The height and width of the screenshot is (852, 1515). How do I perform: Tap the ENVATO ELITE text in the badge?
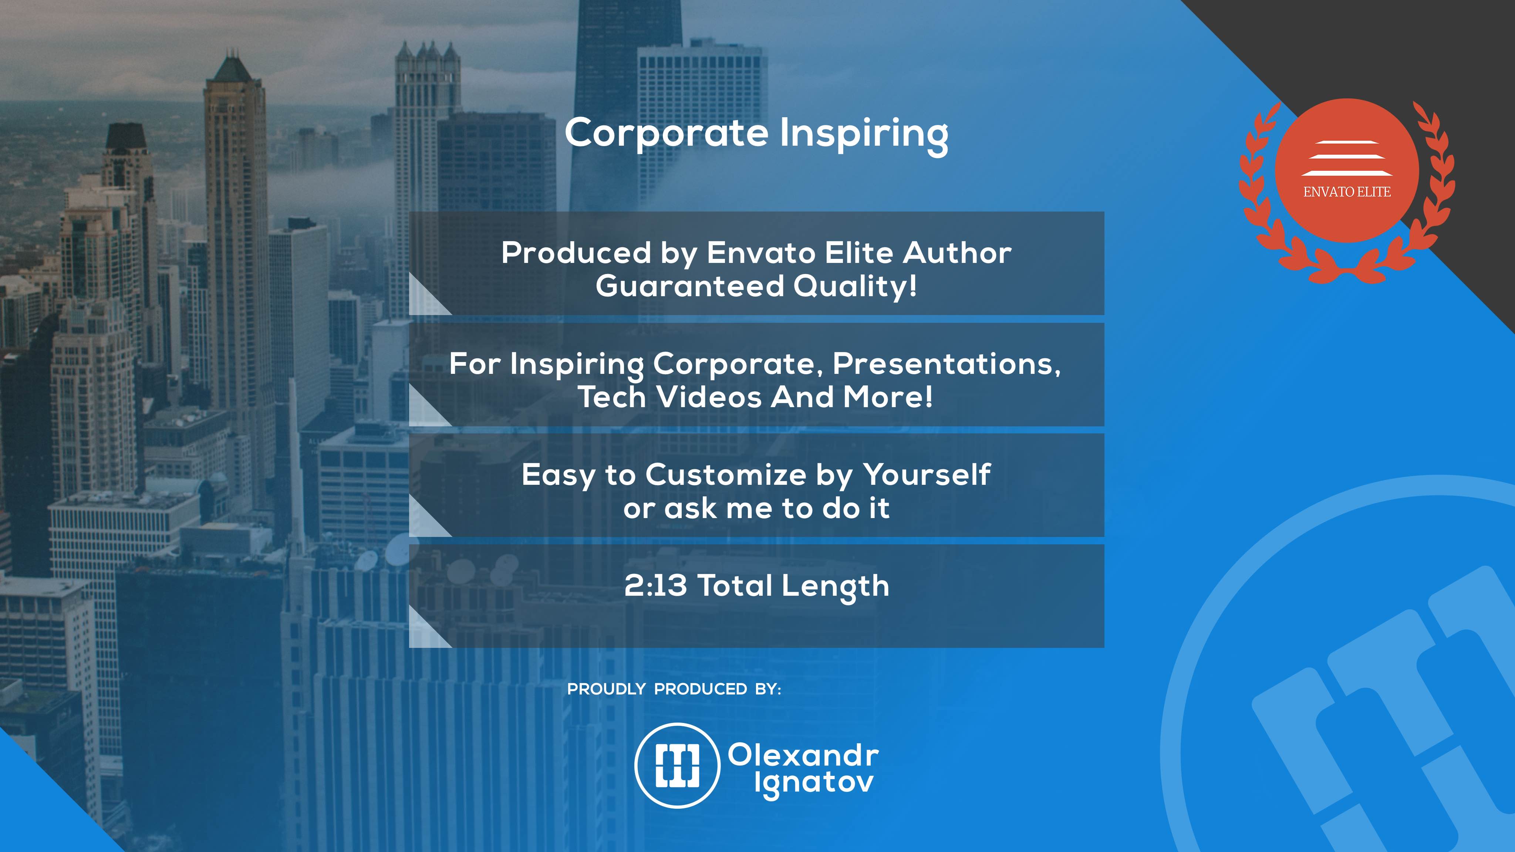point(1347,192)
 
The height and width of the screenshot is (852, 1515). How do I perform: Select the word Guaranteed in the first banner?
point(690,286)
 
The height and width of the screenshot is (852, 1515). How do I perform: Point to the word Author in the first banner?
point(957,253)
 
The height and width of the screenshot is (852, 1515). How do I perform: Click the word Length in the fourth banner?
point(835,587)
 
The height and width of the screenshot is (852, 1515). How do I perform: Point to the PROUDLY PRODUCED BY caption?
point(674,689)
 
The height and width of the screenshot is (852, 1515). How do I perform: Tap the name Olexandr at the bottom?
point(803,755)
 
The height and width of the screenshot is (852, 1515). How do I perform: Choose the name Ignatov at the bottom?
point(814,783)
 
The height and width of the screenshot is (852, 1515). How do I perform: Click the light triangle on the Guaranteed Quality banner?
point(424,300)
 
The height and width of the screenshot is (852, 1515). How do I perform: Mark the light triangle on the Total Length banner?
point(424,633)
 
